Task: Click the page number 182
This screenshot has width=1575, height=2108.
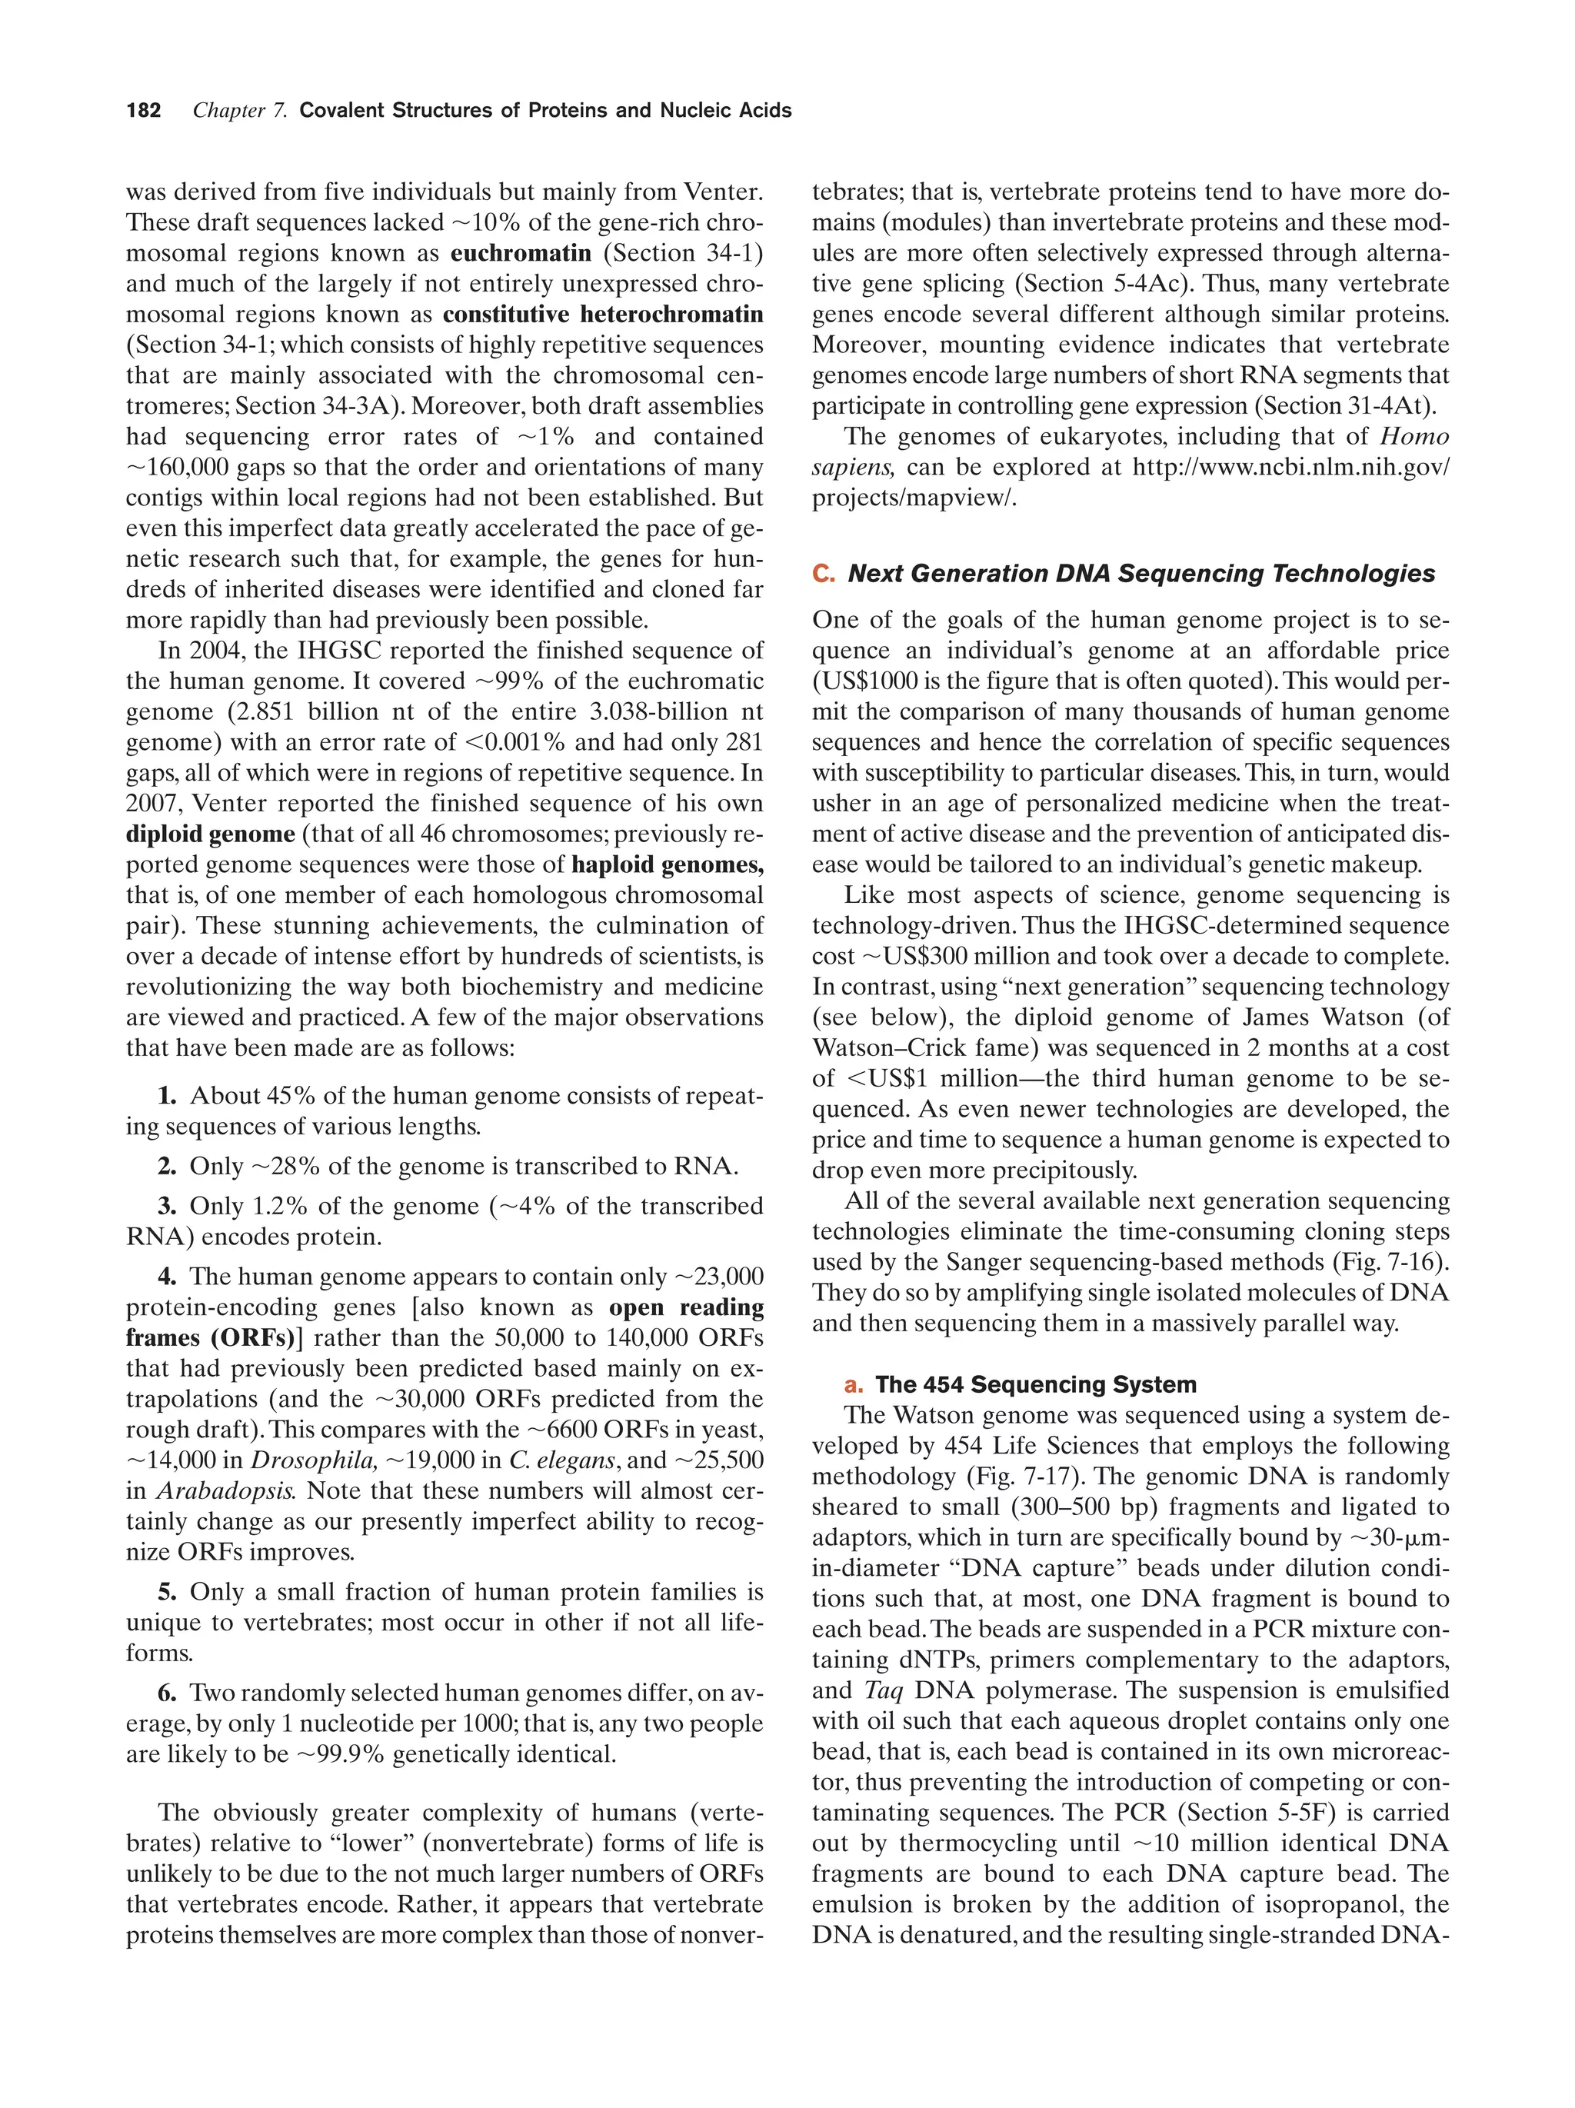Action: click(x=143, y=111)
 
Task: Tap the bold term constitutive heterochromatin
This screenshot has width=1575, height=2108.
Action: click(x=602, y=315)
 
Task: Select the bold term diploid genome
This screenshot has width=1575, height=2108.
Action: click(x=210, y=834)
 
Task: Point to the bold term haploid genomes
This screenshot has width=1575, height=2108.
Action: click(x=667, y=865)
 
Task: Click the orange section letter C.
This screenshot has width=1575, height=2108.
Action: click(x=822, y=574)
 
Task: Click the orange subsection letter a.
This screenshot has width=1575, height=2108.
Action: click(x=850, y=1384)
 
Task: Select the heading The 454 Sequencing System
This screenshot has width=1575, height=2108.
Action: click(x=1036, y=1384)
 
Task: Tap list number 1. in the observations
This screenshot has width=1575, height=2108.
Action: click(x=168, y=1096)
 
